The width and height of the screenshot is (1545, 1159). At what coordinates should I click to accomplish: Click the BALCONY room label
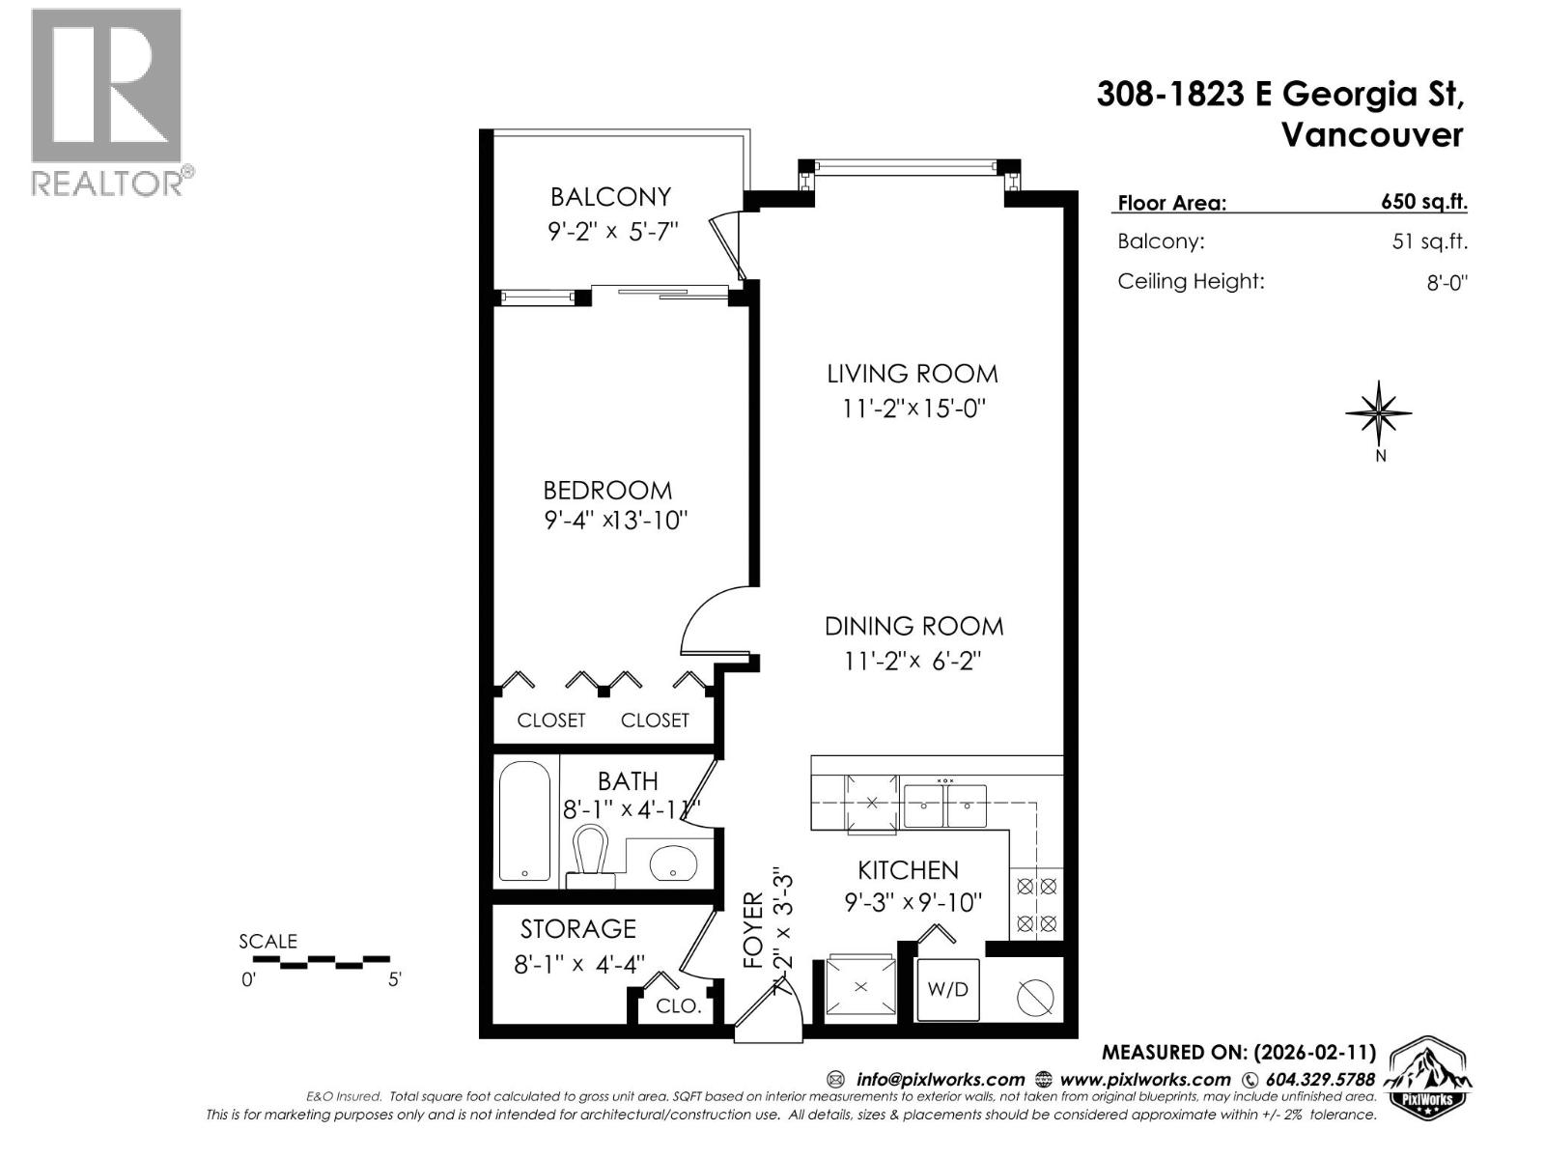[x=610, y=197]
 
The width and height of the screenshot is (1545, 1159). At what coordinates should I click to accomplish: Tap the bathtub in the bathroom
[x=524, y=822]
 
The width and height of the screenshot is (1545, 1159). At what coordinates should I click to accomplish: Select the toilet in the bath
[x=590, y=856]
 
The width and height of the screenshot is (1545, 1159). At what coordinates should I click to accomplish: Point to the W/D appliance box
[x=947, y=990]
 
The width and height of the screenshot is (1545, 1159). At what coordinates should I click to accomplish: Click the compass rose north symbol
[x=1379, y=414]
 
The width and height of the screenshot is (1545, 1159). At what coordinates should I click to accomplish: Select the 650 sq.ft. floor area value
[x=1423, y=202]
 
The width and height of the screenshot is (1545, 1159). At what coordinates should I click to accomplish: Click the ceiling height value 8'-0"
[x=1447, y=283]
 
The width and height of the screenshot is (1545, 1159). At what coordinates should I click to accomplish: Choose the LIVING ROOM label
[x=912, y=374]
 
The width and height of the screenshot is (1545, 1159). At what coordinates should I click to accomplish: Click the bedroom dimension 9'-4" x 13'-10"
[x=615, y=521]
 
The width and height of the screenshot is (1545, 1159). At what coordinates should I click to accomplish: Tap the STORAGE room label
[x=577, y=929]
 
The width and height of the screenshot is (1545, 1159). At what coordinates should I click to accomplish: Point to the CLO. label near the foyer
[x=678, y=1006]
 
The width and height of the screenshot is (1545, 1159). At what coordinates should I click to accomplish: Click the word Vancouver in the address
[x=1371, y=135]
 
